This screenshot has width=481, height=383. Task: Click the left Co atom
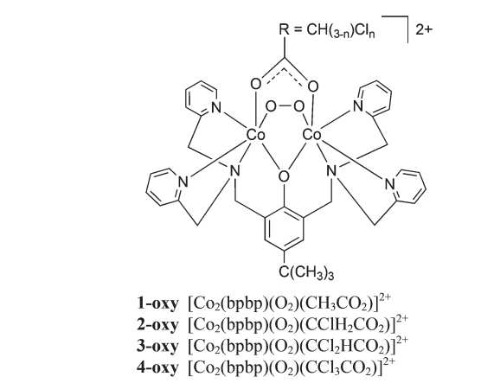pos(255,135)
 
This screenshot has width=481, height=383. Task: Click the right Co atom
pos(312,135)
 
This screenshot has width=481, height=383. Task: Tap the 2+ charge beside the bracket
pos(424,29)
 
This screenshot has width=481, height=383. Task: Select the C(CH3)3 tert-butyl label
pos(306,272)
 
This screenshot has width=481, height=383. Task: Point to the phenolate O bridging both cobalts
pos(284,177)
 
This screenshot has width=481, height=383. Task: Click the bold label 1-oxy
pos(157,303)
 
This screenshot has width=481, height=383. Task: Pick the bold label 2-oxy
pos(157,324)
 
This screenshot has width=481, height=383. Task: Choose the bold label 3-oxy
pos(157,346)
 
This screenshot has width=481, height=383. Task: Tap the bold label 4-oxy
pos(157,367)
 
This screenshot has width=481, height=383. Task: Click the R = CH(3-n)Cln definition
pos(327,30)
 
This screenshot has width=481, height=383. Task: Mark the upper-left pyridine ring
pos(201,98)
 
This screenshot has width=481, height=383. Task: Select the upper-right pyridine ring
pos(375,98)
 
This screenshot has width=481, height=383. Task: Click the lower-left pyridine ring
pos(164,187)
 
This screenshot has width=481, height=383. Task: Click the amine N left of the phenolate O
pos(234,171)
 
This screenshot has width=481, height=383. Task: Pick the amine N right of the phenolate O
pos(331,171)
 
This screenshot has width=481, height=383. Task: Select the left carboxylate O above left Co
pos(256,84)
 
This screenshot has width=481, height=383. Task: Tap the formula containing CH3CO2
pos(289,303)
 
